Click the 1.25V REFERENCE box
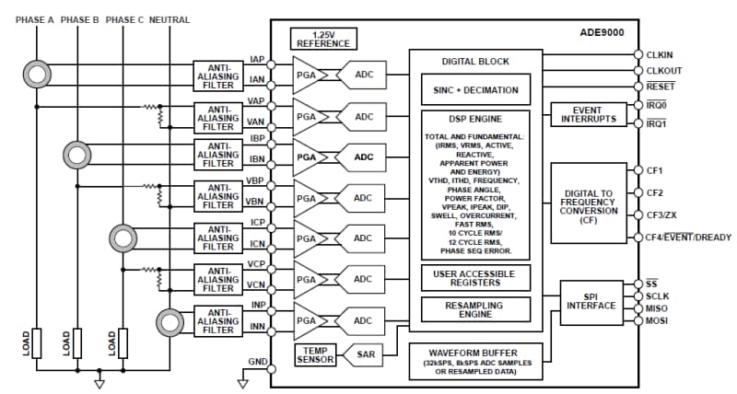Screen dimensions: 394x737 [x=323, y=39]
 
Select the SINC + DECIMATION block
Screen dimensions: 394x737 [x=475, y=91]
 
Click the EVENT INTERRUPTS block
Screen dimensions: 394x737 [x=587, y=114]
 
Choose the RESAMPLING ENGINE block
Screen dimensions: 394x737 [x=475, y=308]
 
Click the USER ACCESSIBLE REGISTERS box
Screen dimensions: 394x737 [x=475, y=277]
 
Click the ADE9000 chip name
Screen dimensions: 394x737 [x=600, y=33]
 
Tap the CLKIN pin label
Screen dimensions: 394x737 [x=661, y=55]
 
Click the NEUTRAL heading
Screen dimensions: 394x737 [x=170, y=19]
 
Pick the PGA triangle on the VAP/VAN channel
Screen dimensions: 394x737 [x=306, y=116]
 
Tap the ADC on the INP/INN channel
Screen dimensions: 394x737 [x=362, y=320]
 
